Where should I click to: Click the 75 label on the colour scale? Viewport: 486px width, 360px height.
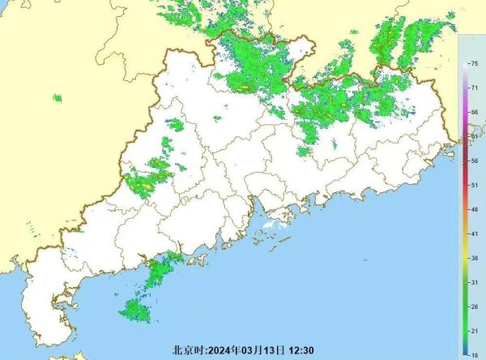click(474, 63)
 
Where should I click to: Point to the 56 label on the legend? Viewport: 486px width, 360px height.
click(474, 161)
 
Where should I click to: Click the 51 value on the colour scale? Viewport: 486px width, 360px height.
click(474, 186)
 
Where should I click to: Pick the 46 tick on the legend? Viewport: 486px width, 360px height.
click(474, 209)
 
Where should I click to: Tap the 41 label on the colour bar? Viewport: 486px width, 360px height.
click(474, 234)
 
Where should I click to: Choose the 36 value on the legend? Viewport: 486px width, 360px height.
click(474, 258)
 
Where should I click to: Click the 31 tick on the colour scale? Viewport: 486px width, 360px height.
click(474, 281)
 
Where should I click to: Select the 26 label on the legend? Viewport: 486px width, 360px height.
click(474, 306)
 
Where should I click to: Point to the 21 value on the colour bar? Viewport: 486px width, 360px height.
click(474, 331)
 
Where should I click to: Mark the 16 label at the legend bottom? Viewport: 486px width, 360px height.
click(474, 354)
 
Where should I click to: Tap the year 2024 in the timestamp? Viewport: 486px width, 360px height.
click(220, 351)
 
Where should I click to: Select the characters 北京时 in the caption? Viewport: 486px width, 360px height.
click(187, 351)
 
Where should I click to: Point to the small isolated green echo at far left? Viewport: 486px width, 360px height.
click(58, 99)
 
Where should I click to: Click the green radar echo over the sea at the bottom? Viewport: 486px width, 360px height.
click(134, 310)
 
